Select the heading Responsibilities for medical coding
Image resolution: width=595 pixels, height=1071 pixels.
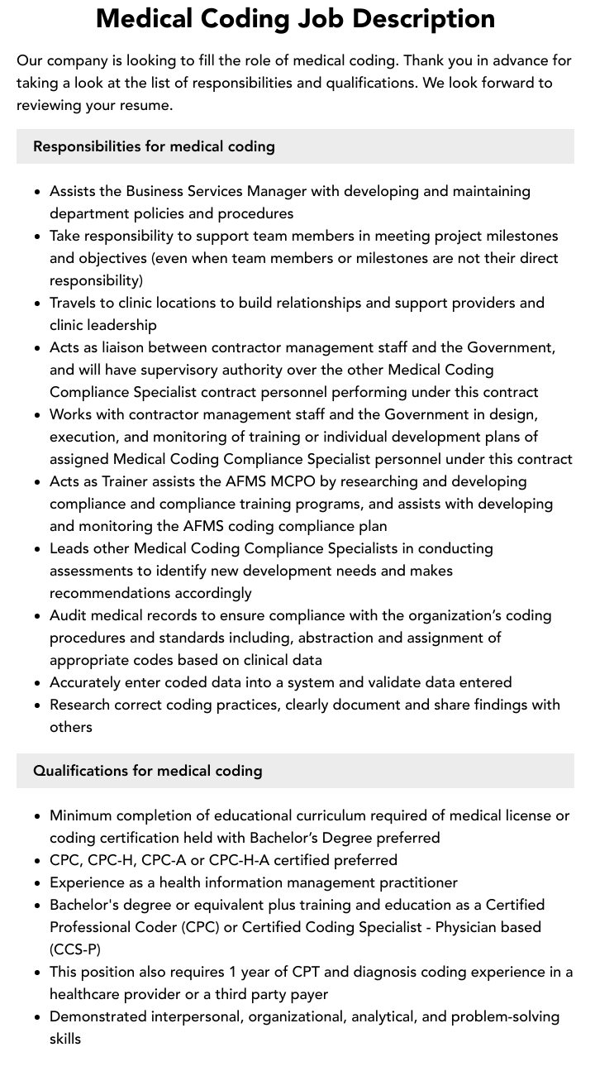[154, 146]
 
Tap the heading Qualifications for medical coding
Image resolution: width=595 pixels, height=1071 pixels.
[147, 771]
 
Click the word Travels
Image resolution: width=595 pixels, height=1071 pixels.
[75, 303]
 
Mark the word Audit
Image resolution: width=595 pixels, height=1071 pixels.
[69, 615]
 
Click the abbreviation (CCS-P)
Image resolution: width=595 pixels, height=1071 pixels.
[75, 949]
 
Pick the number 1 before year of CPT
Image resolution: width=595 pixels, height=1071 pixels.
[236, 972]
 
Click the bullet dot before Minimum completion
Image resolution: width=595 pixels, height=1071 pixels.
[38, 816]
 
